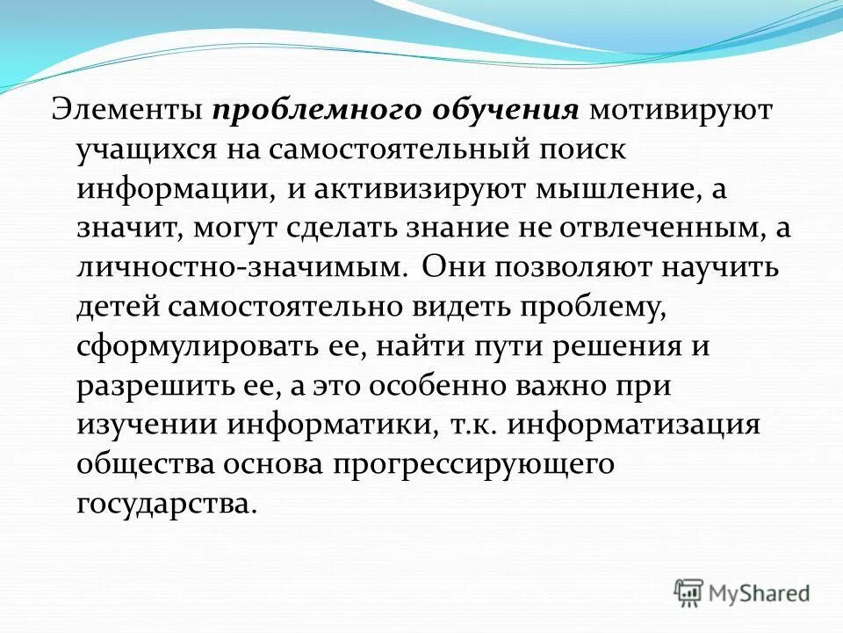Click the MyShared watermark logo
tap(742, 593)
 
